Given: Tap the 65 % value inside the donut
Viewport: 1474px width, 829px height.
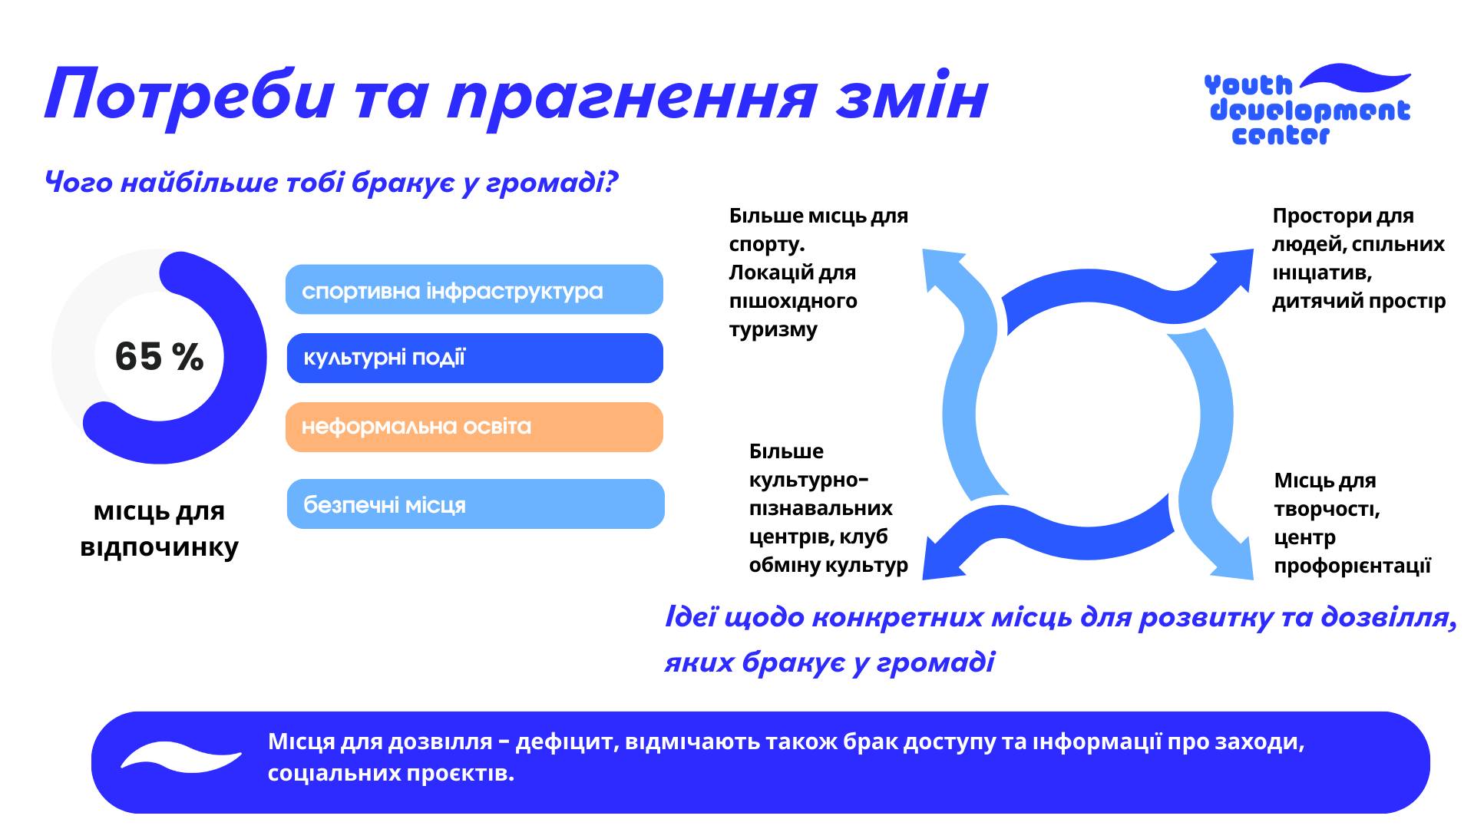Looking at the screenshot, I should coord(159,356).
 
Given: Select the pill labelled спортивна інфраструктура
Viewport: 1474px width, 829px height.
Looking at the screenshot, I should coord(474,290).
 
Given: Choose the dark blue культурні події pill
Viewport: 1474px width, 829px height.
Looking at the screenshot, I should coord(474,358).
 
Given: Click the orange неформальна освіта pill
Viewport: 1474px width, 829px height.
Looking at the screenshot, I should coord(474,427).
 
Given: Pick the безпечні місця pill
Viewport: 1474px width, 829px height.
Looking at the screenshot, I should coord(475,504).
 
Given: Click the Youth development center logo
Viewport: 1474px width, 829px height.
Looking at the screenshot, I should coord(1307,106).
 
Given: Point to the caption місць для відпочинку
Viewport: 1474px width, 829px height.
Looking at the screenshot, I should coord(159,529).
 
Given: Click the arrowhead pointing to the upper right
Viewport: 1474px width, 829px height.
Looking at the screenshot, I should coord(1233,269).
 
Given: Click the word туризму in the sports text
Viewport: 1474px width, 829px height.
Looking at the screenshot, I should coord(773,329).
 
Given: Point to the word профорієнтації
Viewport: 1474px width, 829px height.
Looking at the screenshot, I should coord(1352,566).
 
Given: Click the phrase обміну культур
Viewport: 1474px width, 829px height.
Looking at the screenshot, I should coord(828,565).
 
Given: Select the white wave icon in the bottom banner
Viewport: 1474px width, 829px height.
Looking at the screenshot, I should coord(181,756).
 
